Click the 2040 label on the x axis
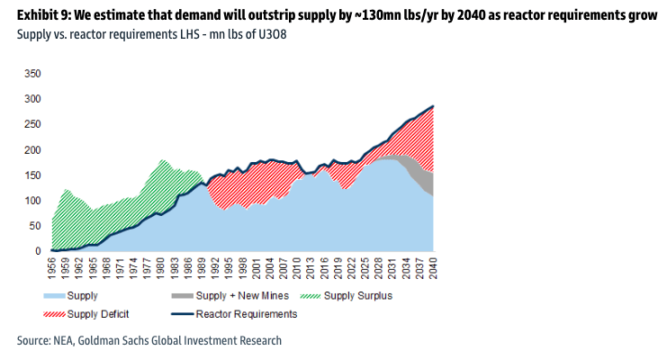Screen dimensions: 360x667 click(x=433, y=267)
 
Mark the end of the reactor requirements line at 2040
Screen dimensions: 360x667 click(x=433, y=106)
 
